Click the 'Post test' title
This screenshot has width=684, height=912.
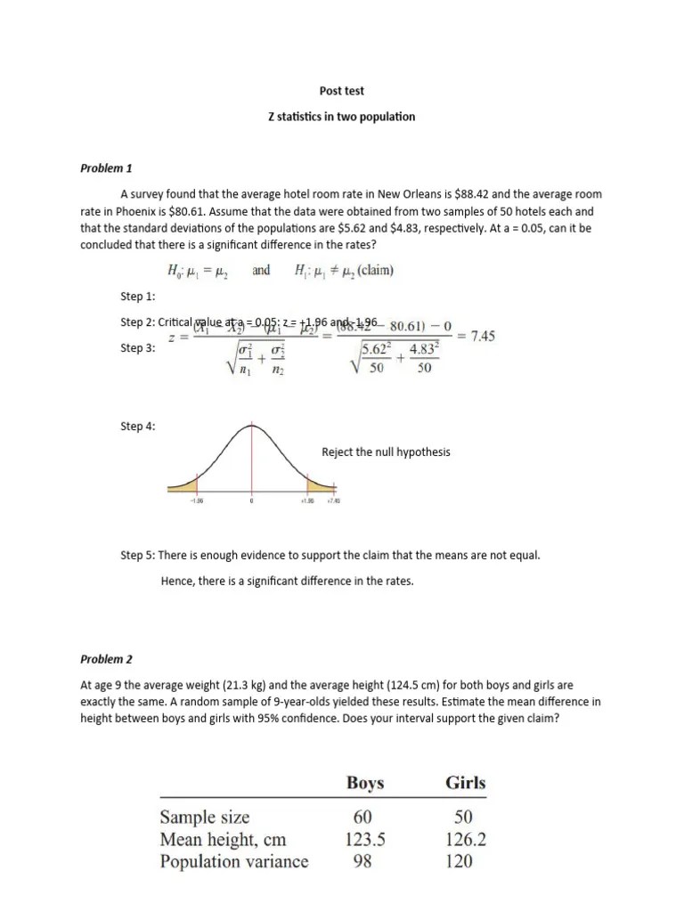coord(342,91)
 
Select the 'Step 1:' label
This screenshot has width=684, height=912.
coord(138,296)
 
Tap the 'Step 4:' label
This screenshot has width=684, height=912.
coord(138,427)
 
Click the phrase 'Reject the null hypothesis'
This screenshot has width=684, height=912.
coord(386,452)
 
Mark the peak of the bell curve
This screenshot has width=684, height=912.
coord(251,426)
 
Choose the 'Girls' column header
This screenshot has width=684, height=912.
coord(465,784)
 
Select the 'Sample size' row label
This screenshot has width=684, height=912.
coord(205,818)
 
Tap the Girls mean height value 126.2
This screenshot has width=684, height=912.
coord(465,839)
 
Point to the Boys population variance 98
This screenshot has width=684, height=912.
coord(364,861)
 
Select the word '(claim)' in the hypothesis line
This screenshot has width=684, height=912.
coord(371,271)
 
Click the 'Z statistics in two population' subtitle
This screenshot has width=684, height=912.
coord(342,117)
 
